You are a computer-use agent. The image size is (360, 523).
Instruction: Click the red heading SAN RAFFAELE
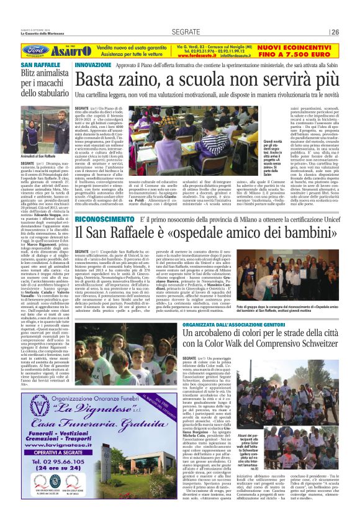(38, 65)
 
